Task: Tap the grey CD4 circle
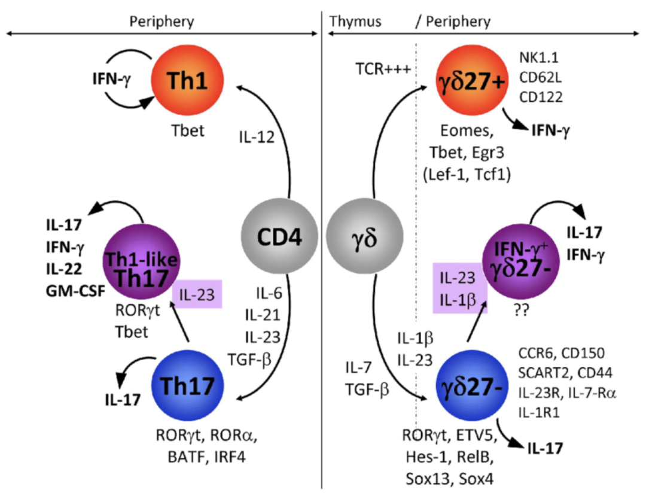278,235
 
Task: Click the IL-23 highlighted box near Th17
197,294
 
